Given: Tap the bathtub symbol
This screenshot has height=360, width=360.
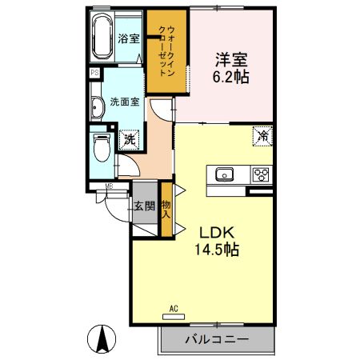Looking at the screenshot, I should point(102,35).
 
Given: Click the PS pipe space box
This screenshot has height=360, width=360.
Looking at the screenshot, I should point(94,72).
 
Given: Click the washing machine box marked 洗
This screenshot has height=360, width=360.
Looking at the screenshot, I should point(129,139).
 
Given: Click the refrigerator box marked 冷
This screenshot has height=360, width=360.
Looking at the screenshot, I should point(262,136).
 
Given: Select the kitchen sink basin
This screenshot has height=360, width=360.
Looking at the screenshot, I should point(222,173).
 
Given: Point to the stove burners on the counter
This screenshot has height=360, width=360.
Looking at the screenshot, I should point(260,174).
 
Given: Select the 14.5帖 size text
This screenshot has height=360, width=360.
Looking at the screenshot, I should point(215,249).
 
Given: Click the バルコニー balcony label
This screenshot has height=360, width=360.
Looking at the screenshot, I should point(217,339).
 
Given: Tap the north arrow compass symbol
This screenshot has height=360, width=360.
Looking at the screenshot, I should point(103,339).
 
